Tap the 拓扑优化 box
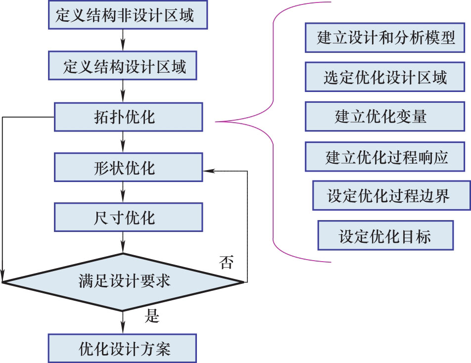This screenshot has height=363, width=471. (x=128, y=118)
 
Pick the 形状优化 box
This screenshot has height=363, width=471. (x=128, y=167)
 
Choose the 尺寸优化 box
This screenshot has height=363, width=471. (x=128, y=218)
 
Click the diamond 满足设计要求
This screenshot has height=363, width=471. (x=124, y=282)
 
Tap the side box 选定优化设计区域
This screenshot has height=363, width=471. (x=385, y=77)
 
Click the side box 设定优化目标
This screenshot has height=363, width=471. (x=385, y=235)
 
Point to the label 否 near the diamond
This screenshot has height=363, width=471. (x=226, y=263)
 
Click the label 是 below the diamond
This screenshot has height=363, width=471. (x=151, y=316)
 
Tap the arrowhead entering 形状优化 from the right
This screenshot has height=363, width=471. (x=207, y=172)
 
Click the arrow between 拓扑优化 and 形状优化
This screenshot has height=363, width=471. (x=123, y=142)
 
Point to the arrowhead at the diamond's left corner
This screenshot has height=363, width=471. (x=3, y=277)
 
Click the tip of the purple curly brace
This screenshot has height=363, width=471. (x=217, y=121)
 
